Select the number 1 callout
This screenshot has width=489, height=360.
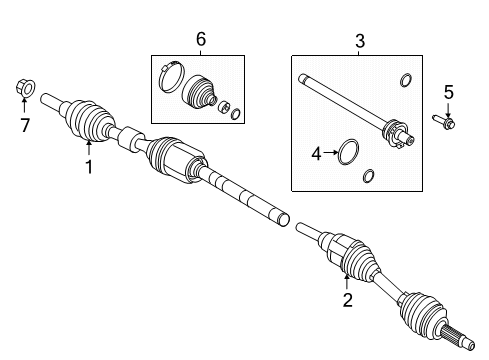click(88, 167)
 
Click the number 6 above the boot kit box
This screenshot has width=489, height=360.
click(200, 39)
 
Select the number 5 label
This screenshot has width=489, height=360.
click(449, 93)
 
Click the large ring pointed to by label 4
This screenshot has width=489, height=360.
click(347, 153)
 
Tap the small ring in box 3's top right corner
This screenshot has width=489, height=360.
click(404, 80)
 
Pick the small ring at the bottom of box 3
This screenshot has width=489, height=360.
click(367, 177)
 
